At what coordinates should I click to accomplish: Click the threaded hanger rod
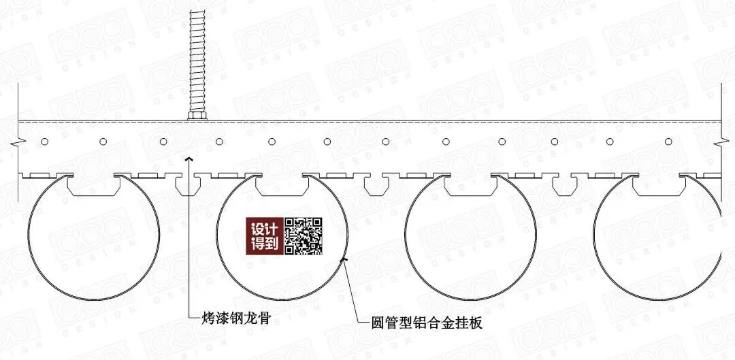197,61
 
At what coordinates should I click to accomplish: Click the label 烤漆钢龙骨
233,318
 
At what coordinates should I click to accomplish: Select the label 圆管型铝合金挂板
419,323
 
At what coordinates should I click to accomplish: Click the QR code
303,236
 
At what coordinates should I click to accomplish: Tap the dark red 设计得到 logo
265,236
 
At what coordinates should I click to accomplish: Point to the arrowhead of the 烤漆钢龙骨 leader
189,158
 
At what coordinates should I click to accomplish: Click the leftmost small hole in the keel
44,142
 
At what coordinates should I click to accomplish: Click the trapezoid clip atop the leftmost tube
93,186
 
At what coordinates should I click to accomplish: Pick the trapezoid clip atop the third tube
470,186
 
